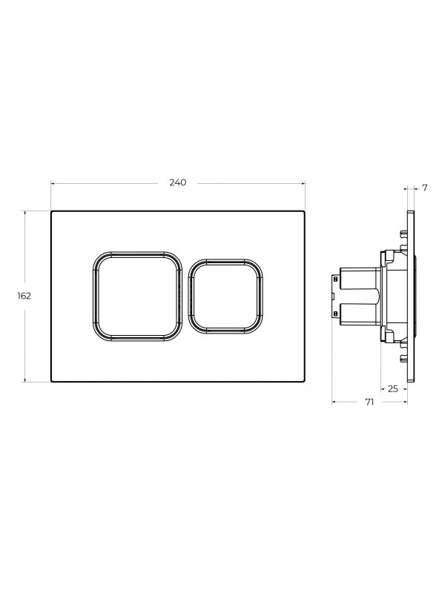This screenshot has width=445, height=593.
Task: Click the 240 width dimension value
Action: click(x=177, y=182)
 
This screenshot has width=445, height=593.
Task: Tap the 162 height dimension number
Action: click(x=24, y=296)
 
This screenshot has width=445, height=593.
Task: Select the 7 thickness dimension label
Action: click(x=424, y=188)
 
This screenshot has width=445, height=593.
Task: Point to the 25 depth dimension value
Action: click(x=393, y=388)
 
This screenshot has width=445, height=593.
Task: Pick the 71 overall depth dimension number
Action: click(x=369, y=402)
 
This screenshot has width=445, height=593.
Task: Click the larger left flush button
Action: click(x=137, y=296)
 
